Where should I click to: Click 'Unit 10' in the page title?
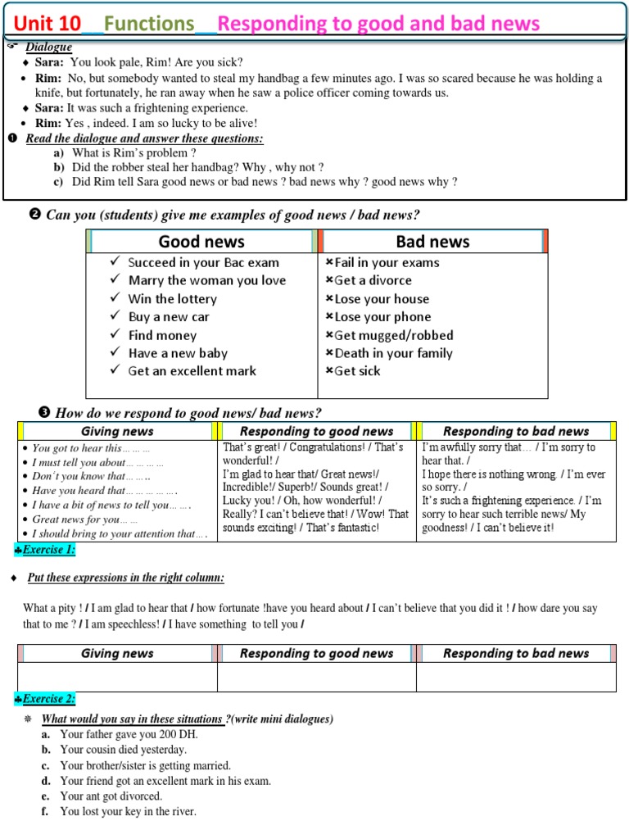[48, 23]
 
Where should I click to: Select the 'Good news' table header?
[201, 241]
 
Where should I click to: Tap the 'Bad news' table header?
[432, 241]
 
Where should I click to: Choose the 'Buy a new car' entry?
[169, 317]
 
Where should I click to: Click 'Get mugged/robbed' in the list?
[393, 335]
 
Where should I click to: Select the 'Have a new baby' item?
[178, 353]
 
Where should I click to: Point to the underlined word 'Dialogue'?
[48, 48]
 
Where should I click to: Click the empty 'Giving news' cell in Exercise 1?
[117, 677]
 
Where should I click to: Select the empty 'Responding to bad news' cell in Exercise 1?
[516, 677]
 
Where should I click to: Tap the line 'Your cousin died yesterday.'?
[124, 750]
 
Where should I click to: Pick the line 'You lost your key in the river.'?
[129, 812]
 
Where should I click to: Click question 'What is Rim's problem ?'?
[134, 152]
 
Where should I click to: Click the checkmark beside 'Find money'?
[115, 335]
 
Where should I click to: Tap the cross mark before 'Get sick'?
[329, 371]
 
